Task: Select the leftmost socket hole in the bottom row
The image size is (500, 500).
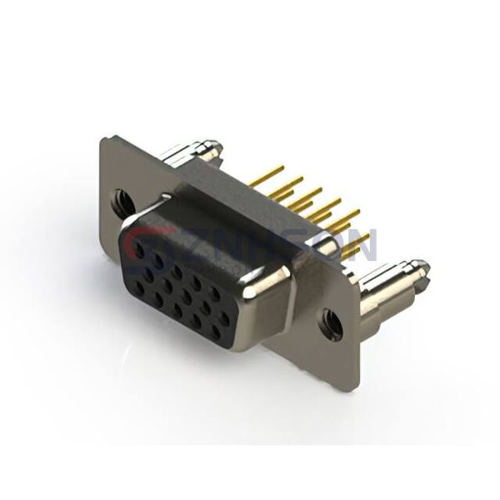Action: (133, 288)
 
